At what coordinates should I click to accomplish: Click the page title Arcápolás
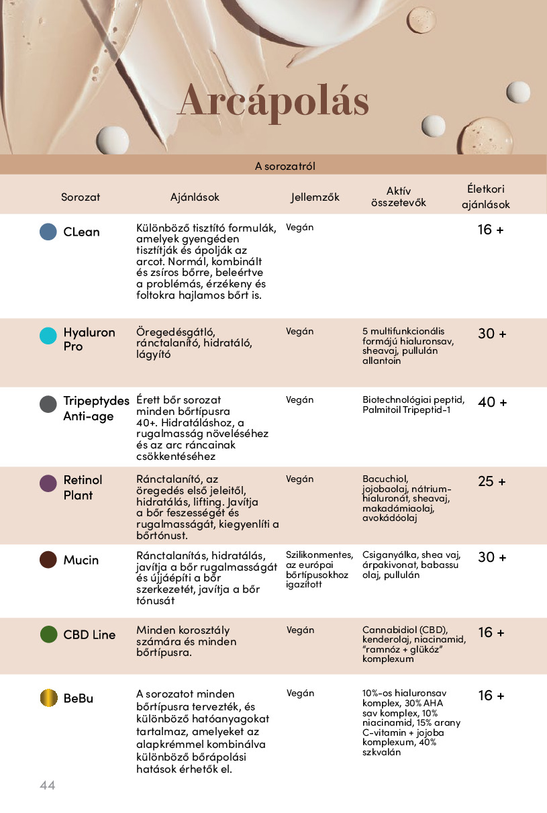coord(273,102)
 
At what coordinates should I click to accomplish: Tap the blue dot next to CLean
coord(48,232)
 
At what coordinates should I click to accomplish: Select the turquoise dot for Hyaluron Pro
coord(48,336)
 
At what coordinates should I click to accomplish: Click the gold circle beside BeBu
coord(48,698)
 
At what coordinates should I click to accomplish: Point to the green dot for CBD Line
coord(48,634)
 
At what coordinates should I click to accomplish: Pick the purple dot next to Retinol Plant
coord(48,483)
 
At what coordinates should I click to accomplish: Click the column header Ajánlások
coord(195,197)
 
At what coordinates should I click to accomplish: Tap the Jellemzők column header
coord(315,197)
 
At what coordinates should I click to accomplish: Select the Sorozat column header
coord(81,197)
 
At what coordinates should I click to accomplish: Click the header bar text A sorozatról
coord(285,166)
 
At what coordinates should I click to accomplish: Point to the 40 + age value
coord(492,402)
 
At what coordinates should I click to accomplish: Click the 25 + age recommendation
coord(492,481)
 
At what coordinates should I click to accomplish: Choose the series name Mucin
coord(81,560)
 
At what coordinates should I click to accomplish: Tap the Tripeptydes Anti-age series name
coord(96,408)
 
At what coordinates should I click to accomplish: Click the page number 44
coord(47,785)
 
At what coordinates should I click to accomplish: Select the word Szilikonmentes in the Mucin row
coord(319,555)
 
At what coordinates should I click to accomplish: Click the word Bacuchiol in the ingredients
coord(385,479)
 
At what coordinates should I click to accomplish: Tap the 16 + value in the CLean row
coord(490,230)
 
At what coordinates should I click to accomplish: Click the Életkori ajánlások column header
coord(486,197)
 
